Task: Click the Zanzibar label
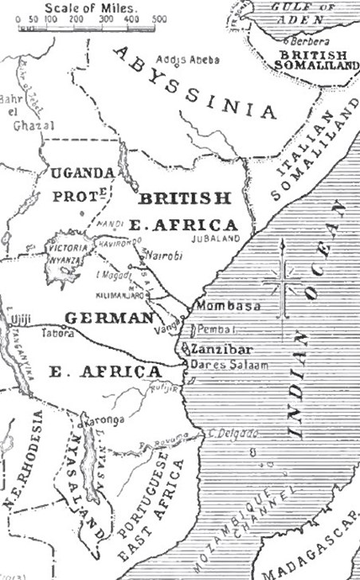[216, 350]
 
